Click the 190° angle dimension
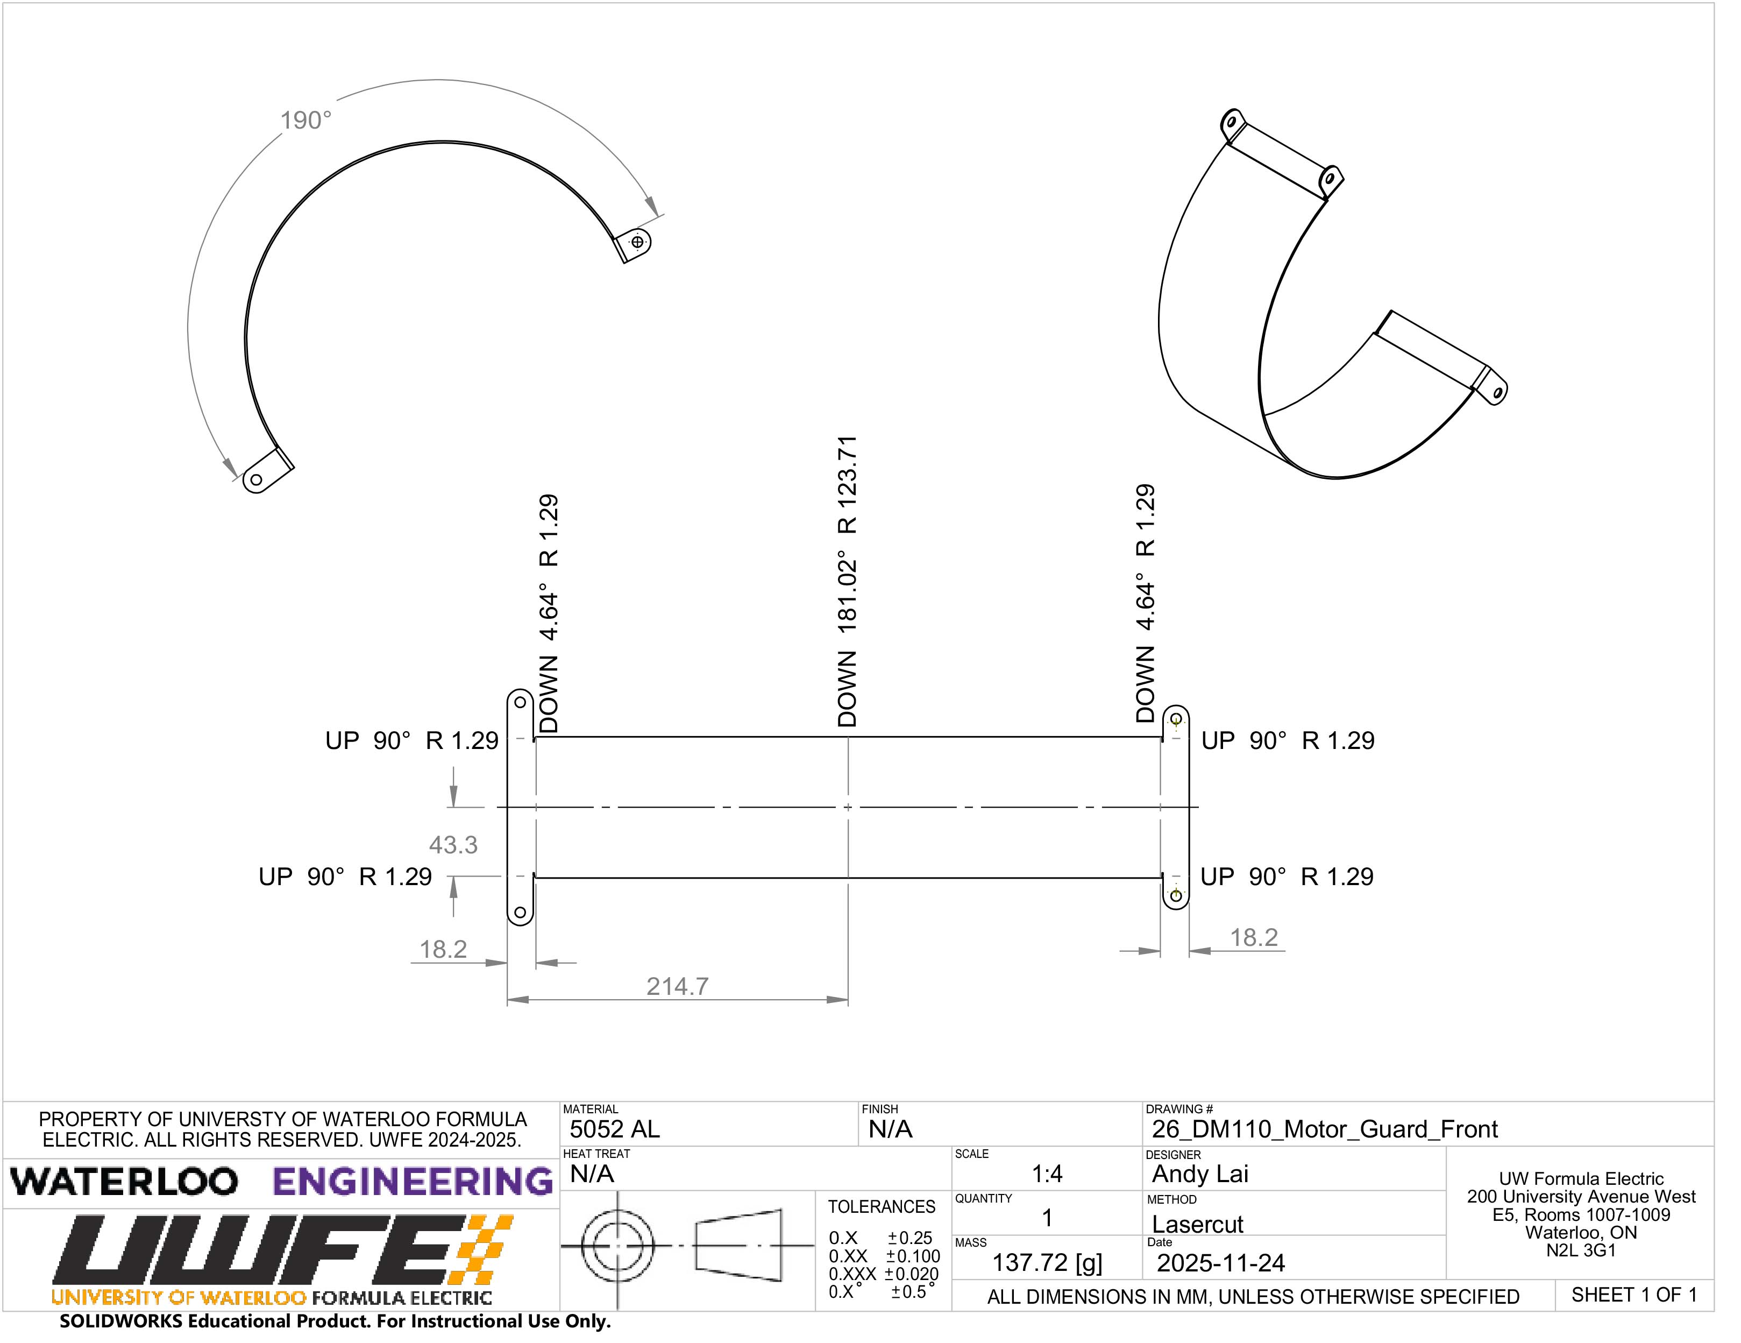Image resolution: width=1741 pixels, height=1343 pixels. (x=306, y=121)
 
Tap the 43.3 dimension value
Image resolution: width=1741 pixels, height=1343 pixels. (x=453, y=845)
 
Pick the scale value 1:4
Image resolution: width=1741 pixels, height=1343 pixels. (x=1047, y=1174)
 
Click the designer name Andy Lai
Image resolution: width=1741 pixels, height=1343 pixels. (x=1200, y=1174)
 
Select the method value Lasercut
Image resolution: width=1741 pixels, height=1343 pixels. (x=1197, y=1224)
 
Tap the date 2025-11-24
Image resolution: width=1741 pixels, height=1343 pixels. (x=1220, y=1263)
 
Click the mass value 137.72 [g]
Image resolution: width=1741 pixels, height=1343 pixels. (x=1047, y=1263)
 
